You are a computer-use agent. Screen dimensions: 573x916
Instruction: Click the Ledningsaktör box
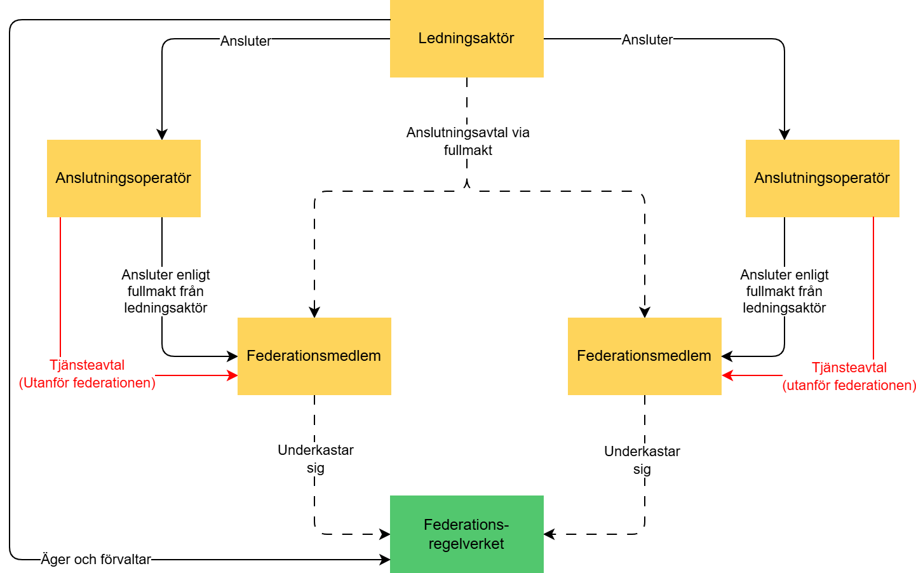tap(466, 39)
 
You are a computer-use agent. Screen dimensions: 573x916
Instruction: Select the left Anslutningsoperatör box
tap(123, 179)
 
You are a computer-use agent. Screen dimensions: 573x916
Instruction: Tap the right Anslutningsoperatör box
tap(822, 179)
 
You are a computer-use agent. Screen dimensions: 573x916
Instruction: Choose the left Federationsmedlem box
tap(314, 356)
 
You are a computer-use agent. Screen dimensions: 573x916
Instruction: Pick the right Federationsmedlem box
tap(644, 356)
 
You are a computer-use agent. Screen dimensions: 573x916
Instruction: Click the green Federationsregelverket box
tap(466, 534)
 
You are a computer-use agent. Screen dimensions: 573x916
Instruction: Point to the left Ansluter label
tap(245, 41)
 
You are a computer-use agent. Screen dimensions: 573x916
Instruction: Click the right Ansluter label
tap(647, 40)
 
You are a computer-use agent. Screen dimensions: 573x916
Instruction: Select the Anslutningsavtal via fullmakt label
tap(468, 142)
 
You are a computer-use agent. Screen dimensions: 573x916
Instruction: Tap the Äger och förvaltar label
tap(96, 560)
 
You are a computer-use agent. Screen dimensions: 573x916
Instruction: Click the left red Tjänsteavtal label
tap(87, 374)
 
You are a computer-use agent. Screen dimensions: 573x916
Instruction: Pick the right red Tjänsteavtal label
tap(849, 377)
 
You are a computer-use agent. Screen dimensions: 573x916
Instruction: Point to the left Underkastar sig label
tap(315, 459)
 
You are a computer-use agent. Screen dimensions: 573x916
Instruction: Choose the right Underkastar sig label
tap(642, 460)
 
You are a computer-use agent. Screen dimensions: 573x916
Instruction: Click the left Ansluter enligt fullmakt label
tap(165, 292)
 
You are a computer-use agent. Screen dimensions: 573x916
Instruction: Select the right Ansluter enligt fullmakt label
tap(784, 292)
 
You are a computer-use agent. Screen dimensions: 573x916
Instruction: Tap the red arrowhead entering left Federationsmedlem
tap(232, 375)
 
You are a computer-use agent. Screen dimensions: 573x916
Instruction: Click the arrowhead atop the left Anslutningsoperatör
tap(162, 135)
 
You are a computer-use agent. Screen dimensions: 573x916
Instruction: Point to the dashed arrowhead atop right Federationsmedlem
tap(645, 313)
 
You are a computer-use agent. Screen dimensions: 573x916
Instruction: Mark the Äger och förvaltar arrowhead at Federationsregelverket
tap(385, 560)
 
